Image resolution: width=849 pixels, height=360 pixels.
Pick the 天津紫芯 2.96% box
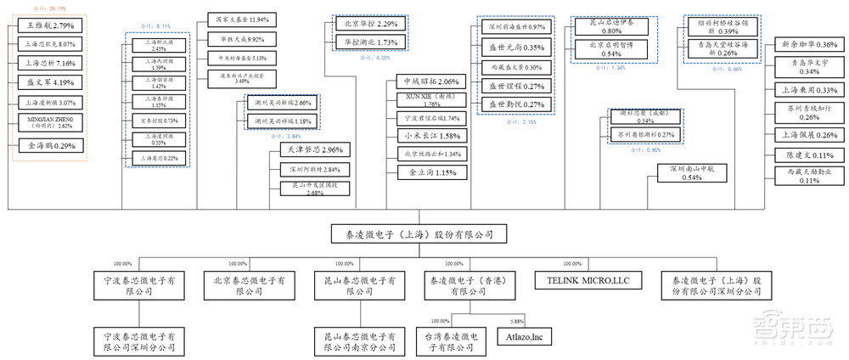309,150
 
